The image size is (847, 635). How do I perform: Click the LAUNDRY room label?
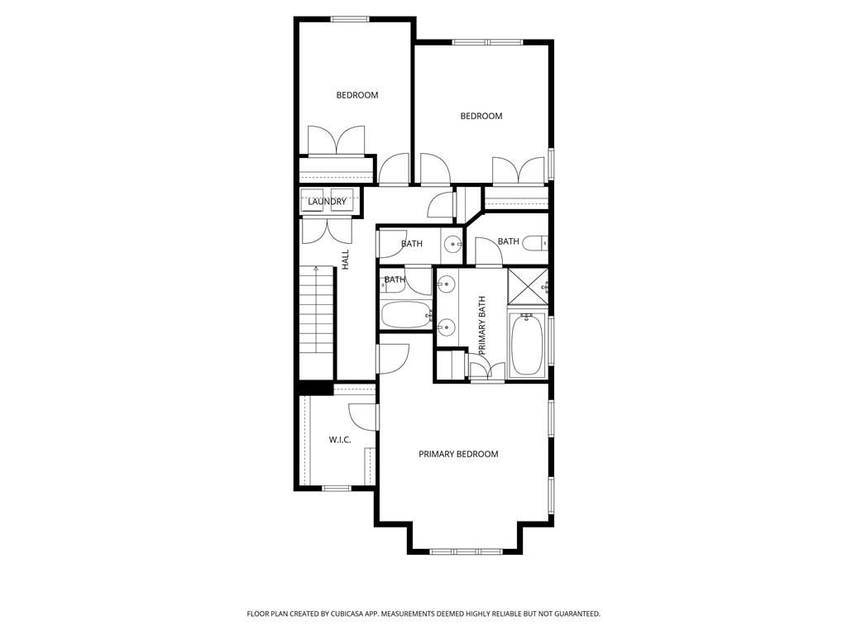point(328,202)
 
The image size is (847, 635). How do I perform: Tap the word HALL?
point(346,259)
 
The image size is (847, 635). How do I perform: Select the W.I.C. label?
point(340,440)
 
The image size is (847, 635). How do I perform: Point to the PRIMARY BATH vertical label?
point(482,325)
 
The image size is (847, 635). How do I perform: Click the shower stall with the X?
point(527,286)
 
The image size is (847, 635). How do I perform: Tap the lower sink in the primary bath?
point(447,327)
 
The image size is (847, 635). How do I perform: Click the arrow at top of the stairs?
point(316,269)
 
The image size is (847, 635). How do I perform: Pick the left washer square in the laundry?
point(314,201)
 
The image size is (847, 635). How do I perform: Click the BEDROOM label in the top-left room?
point(357,95)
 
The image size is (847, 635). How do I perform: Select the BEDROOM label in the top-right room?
point(481,116)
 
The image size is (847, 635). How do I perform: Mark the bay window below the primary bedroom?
point(465,551)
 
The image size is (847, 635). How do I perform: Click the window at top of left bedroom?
point(349,19)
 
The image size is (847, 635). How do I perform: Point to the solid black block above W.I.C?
point(315,388)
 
